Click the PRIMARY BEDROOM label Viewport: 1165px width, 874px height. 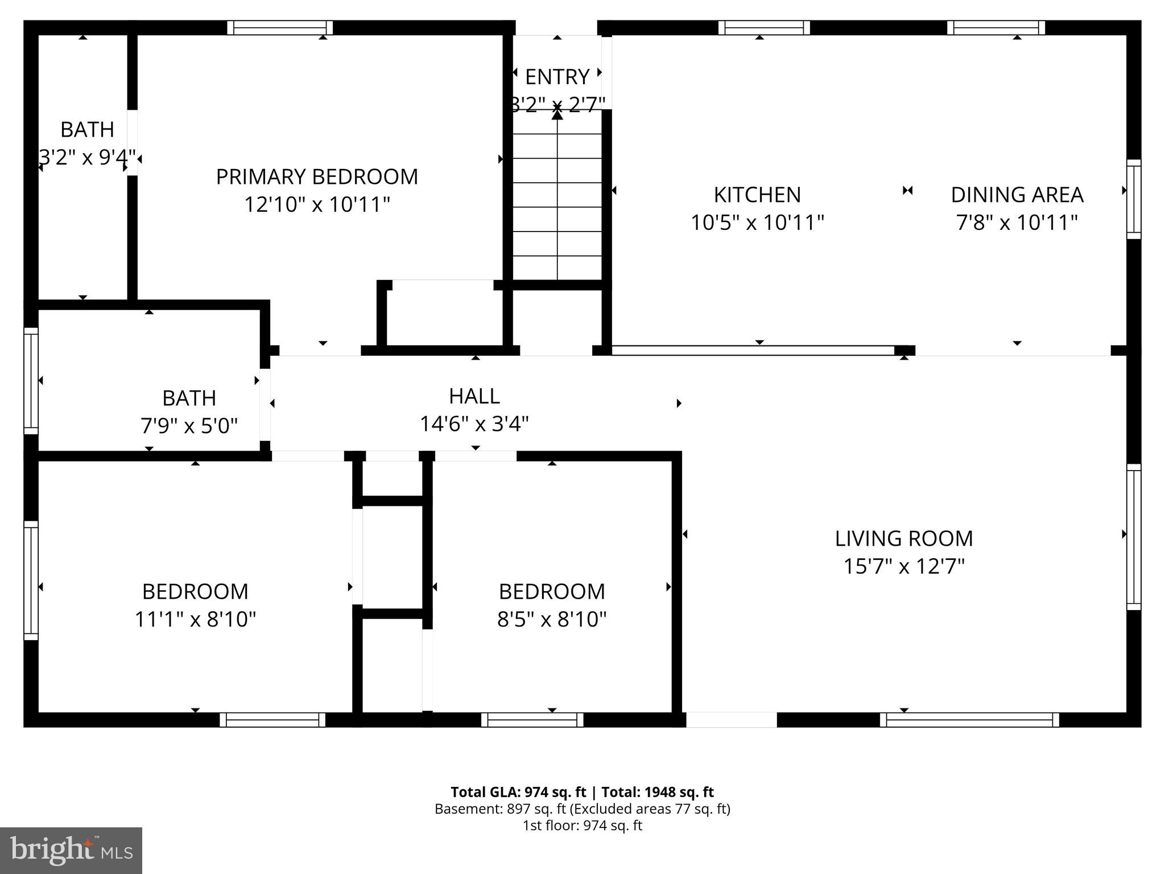[x=317, y=177]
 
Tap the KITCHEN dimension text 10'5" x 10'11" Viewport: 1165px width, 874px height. [x=757, y=222]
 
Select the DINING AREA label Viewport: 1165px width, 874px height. [x=1017, y=195]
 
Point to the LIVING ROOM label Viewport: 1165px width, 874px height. [x=903, y=539]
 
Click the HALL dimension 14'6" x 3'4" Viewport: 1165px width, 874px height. [x=474, y=424]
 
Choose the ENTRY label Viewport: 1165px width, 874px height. [x=557, y=77]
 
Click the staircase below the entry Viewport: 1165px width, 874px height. [x=557, y=205]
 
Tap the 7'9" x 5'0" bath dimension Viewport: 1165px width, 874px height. [x=189, y=426]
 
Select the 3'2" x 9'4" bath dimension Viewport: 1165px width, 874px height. [x=87, y=157]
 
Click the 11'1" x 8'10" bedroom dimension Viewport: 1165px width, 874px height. [x=195, y=619]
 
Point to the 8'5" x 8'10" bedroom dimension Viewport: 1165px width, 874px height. [x=551, y=619]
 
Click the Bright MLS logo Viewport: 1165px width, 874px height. [x=71, y=850]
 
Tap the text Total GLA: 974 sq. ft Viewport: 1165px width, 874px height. [x=518, y=792]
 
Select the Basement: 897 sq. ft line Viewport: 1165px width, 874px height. [x=582, y=809]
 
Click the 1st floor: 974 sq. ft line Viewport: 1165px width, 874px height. [x=582, y=825]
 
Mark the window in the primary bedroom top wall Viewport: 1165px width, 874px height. [x=280, y=28]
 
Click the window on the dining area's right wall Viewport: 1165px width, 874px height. [x=1134, y=199]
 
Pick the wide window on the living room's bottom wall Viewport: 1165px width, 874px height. [x=969, y=720]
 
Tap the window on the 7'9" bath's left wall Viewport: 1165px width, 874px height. [x=31, y=381]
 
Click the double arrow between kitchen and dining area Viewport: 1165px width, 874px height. [x=907, y=191]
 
